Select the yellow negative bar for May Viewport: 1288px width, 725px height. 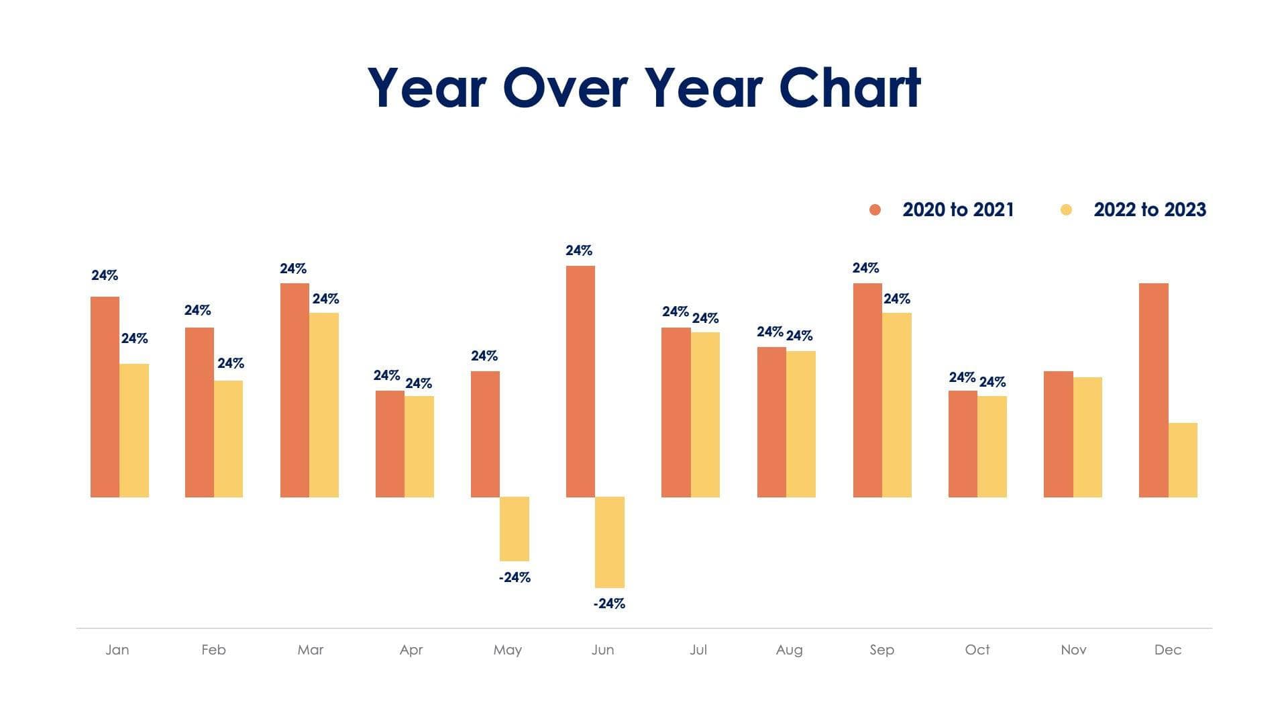click(x=515, y=529)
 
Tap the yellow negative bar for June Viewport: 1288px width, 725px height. click(x=609, y=542)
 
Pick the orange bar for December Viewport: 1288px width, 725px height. click(x=1153, y=390)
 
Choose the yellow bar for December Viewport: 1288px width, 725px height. click(x=1183, y=460)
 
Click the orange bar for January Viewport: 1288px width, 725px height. click(x=105, y=397)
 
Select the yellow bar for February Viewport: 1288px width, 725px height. click(x=228, y=439)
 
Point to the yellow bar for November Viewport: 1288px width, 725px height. click(x=1087, y=437)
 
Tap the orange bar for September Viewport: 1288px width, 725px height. click(x=867, y=390)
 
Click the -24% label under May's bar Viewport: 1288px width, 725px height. click(x=515, y=577)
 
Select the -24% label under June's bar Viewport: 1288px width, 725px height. click(x=609, y=603)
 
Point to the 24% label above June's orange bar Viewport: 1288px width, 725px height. click(x=579, y=250)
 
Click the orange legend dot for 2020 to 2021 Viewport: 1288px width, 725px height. click(x=875, y=210)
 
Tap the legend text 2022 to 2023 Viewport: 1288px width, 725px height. click(x=1150, y=210)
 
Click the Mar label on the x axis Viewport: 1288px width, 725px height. click(x=310, y=650)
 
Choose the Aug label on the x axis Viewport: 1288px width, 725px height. click(x=789, y=650)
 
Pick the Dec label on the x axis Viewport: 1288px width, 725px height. click(x=1167, y=650)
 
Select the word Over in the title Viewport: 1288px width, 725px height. click(x=565, y=88)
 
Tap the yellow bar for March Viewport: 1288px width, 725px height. click(x=324, y=405)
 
